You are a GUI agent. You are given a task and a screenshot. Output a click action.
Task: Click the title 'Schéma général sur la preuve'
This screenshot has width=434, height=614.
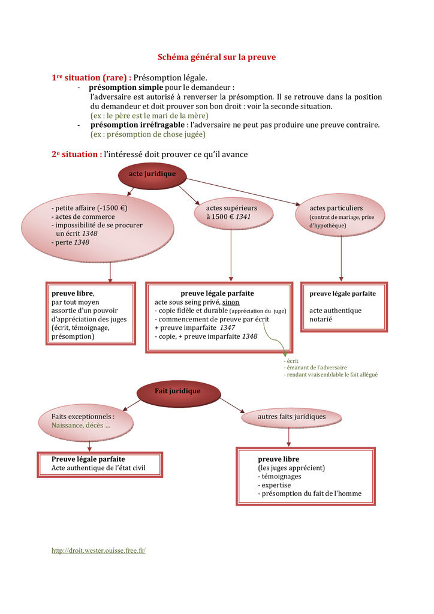[x=216, y=57]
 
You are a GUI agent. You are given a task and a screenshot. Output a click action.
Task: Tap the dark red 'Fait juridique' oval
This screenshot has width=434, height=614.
[x=179, y=393]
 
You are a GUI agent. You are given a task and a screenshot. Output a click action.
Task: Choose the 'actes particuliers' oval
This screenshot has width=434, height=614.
[x=340, y=215]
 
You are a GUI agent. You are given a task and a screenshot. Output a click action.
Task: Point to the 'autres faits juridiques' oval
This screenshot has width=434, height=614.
[x=291, y=417]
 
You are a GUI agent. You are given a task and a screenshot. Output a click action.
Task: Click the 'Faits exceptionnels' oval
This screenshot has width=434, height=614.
[x=86, y=423]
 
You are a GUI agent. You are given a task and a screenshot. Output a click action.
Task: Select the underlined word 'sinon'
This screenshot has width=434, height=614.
[x=231, y=302]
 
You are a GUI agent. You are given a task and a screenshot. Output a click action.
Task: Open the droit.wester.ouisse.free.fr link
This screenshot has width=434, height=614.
[x=99, y=550]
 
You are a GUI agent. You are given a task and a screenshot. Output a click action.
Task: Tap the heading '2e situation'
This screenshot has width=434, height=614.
[x=77, y=154]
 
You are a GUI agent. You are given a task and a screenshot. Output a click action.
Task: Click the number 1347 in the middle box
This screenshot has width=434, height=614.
[x=227, y=328]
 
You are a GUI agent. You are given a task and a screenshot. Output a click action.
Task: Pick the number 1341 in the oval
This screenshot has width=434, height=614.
[x=243, y=216]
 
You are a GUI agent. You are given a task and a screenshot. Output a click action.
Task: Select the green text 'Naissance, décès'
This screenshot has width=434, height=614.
[x=77, y=425]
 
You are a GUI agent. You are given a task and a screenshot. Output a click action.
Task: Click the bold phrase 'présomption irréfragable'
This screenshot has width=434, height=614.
[x=137, y=125]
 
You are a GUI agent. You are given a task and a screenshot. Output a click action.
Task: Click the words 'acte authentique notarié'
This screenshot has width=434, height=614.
[x=335, y=315]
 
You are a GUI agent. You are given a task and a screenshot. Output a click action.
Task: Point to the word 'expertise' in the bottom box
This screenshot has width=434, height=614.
[x=276, y=485]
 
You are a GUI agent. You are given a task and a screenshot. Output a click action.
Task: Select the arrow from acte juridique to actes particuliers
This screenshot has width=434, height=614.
[x=243, y=192]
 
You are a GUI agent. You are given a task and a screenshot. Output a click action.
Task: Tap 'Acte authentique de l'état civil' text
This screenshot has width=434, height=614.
[x=98, y=468]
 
